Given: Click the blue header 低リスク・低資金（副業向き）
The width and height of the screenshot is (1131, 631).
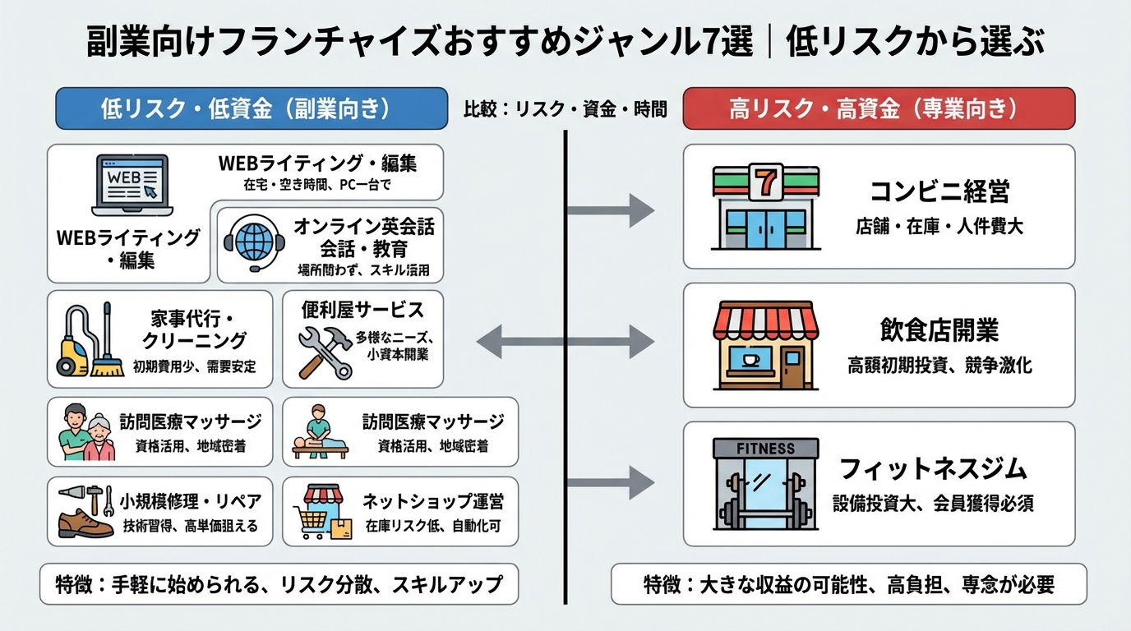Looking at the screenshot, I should (252, 108).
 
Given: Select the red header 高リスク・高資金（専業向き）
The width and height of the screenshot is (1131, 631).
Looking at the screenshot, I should (879, 108).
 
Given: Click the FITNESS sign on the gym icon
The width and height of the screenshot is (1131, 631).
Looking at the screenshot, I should (765, 449).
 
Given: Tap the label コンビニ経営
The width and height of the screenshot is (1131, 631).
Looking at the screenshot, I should (939, 192).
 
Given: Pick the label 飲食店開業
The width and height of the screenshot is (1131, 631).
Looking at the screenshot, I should (939, 330).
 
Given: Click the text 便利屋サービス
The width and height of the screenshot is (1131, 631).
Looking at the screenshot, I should (362, 310).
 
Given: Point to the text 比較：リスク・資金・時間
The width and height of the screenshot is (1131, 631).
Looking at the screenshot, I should (565, 108).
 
